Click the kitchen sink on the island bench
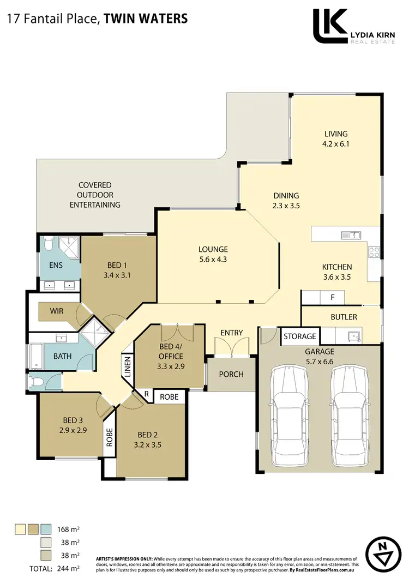click(350, 235)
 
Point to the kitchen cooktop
click(375, 252)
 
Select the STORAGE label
click(299, 336)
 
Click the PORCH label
click(231, 374)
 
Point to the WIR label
click(57, 311)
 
